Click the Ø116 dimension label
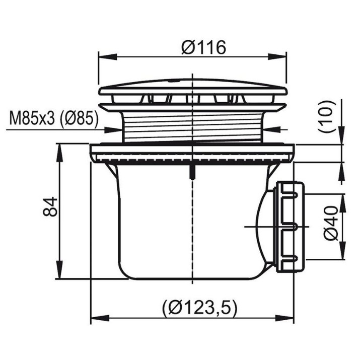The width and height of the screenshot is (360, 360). pyautogui.click(x=203, y=47)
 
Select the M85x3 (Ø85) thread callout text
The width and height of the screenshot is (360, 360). pyautogui.click(x=54, y=118)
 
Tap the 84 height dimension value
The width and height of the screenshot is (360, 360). pyautogui.click(x=50, y=206)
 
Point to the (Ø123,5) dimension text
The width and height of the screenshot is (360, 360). pyautogui.click(x=199, y=307)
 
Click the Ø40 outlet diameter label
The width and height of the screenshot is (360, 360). pyautogui.click(x=331, y=223)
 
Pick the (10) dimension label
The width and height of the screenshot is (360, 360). pyautogui.click(x=327, y=116)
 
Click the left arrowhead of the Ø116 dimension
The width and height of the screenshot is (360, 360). pyautogui.click(x=107, y=57)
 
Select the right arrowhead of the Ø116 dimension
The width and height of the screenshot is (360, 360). pyautogui.click(x=277, y=57)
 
